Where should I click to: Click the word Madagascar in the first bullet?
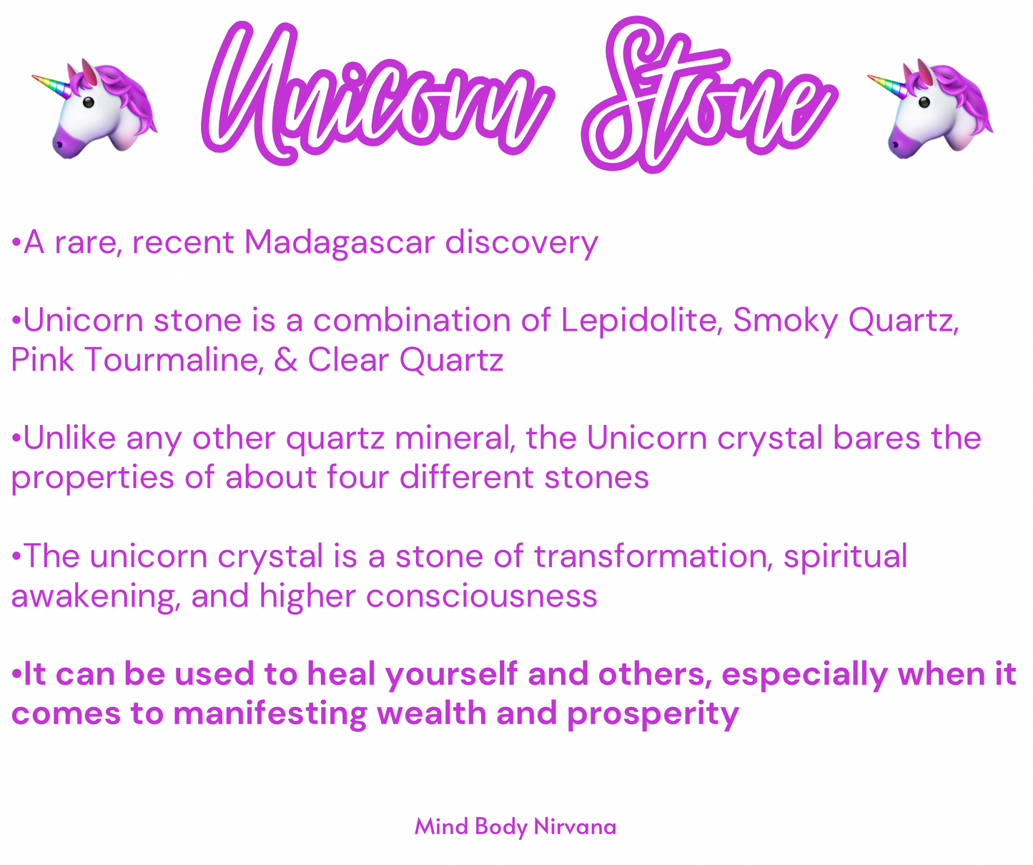340,243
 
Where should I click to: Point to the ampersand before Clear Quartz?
285,359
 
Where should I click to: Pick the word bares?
876,437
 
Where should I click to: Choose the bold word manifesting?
270,715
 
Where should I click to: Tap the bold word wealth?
431,714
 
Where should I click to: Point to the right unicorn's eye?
924,102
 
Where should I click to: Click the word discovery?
521,243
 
